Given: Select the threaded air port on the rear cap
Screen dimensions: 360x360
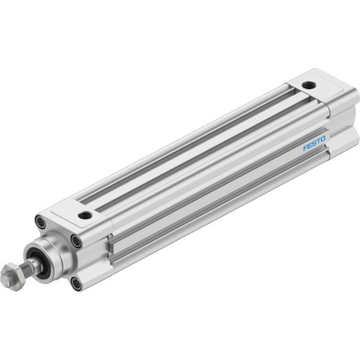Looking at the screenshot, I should pos(308,85).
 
